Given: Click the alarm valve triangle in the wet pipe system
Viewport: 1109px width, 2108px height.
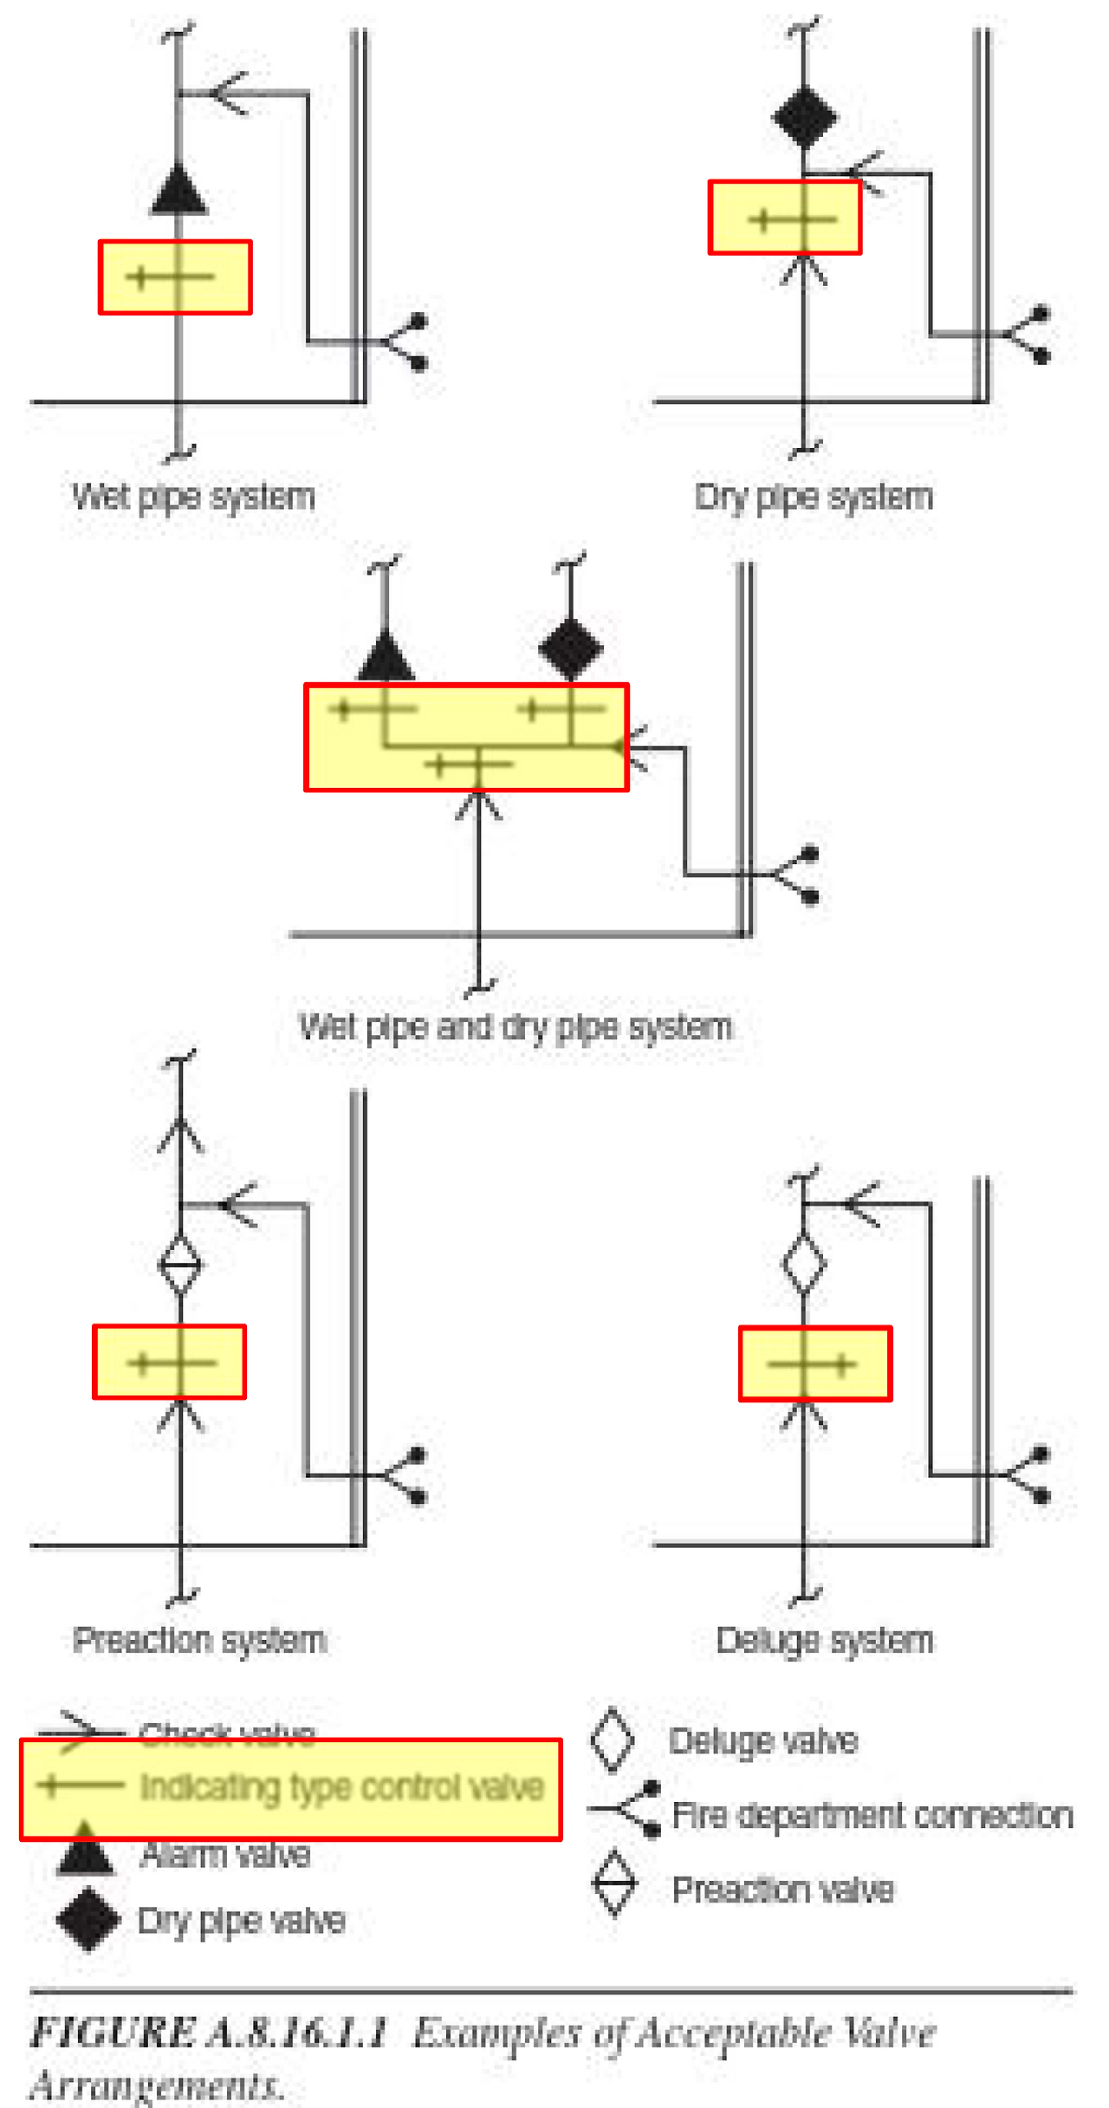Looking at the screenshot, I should [178, 192].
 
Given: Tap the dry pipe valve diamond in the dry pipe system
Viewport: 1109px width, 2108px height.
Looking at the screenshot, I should [805, 116].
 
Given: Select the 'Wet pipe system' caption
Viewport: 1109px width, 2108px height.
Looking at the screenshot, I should [193, 497].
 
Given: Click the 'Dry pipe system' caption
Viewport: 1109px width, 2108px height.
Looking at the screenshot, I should [814, 497].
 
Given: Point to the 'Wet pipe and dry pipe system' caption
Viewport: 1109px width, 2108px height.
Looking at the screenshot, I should [516, 1026].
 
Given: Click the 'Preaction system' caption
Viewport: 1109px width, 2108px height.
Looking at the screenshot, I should [199, 1640].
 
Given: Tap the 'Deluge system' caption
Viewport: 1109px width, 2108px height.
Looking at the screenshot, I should [825, 1640].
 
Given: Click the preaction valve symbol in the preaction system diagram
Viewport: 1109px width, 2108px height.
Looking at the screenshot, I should [180, 1265].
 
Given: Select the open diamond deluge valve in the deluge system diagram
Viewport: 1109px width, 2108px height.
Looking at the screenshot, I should [804, 1263].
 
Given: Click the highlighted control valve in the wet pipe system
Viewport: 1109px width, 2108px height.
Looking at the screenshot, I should [175, 277].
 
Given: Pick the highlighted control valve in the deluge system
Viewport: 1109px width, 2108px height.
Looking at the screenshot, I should [814, 1364].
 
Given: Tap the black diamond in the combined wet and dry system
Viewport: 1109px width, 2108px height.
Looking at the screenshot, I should [570, 648].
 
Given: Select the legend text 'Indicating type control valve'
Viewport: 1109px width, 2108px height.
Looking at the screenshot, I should [342, 1787].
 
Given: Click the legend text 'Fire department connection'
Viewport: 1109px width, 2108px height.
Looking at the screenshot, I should [872, 1815].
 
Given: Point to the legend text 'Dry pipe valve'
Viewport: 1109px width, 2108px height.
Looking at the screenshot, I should [241, 1921].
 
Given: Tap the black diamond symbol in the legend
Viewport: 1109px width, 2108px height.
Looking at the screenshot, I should [88, 1919].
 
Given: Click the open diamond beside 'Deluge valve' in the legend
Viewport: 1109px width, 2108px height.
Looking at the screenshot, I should [612, 1740].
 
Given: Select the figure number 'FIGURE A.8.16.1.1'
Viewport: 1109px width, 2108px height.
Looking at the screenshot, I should [208, 2032].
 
